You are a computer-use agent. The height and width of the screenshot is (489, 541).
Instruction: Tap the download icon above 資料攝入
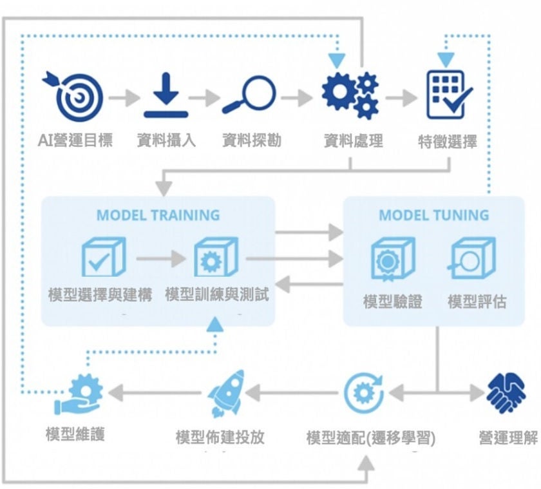click(166, 97)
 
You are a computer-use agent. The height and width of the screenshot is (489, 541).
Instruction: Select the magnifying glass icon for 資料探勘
click(250, 96)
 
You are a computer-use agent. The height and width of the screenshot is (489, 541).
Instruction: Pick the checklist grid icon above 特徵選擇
click(449, 95)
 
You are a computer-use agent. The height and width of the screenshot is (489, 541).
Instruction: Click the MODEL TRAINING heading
click(158, 215)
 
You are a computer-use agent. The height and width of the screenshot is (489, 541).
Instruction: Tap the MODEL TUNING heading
click(433, 215)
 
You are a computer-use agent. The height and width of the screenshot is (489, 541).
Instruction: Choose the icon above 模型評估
click(472, 258)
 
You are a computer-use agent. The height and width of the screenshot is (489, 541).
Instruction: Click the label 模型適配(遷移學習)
click(370, 439)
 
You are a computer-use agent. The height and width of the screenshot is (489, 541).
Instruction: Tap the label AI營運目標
click(75, 140)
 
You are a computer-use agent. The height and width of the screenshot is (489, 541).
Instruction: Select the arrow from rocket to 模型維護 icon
click(157, 392)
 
